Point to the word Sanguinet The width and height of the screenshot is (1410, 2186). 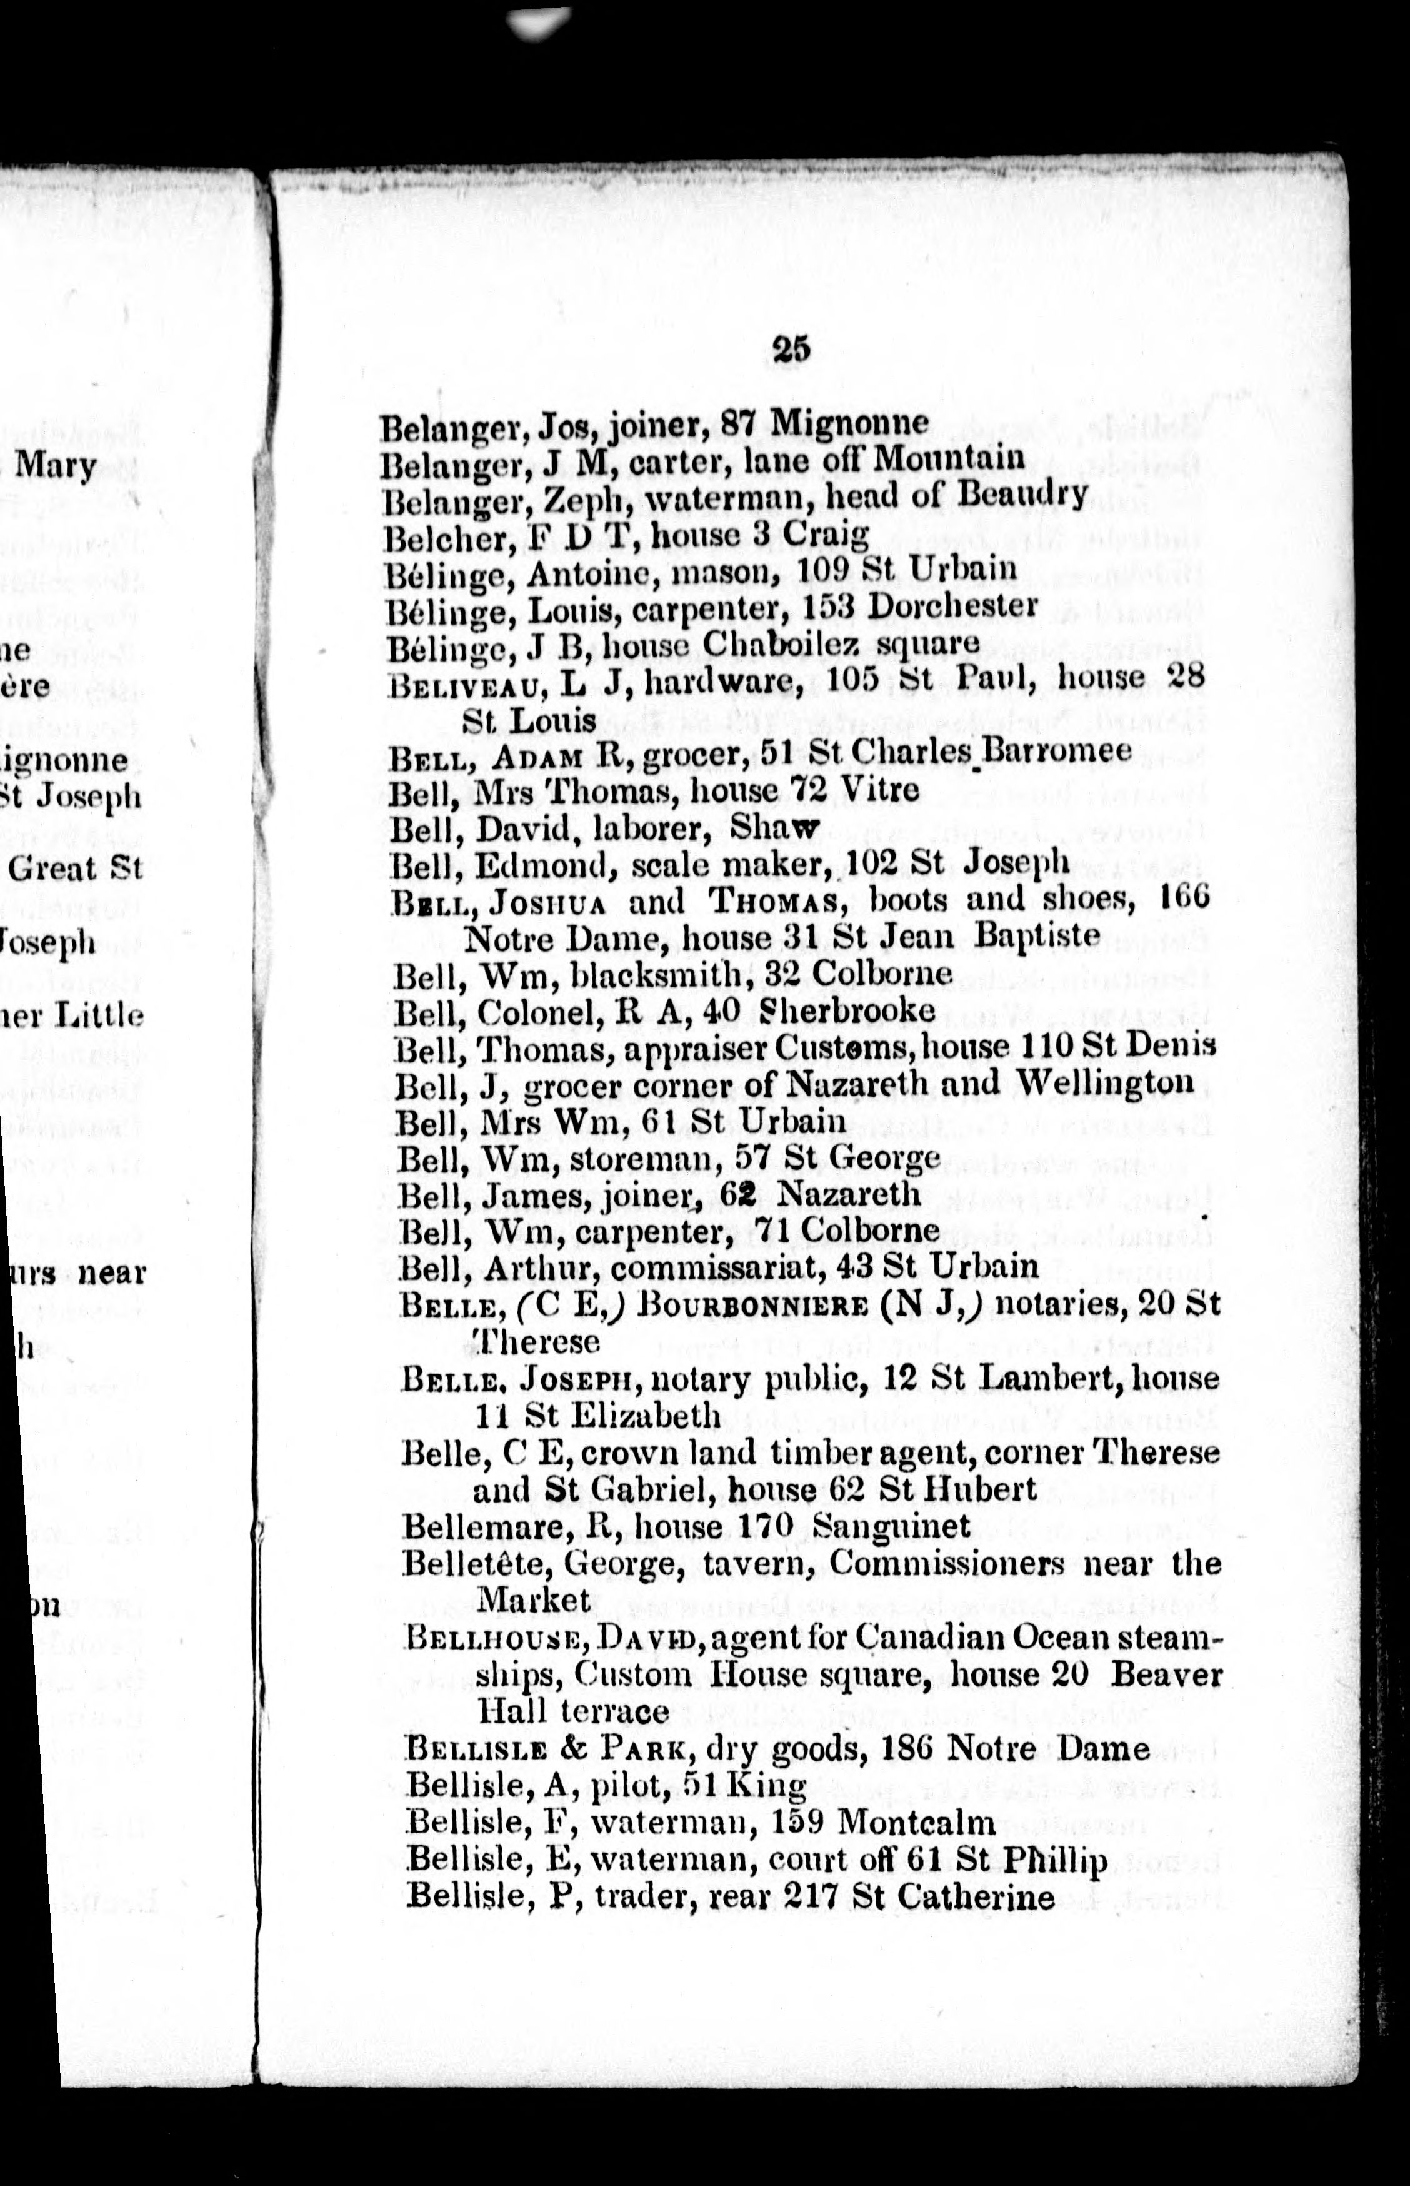click(891, 1526)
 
